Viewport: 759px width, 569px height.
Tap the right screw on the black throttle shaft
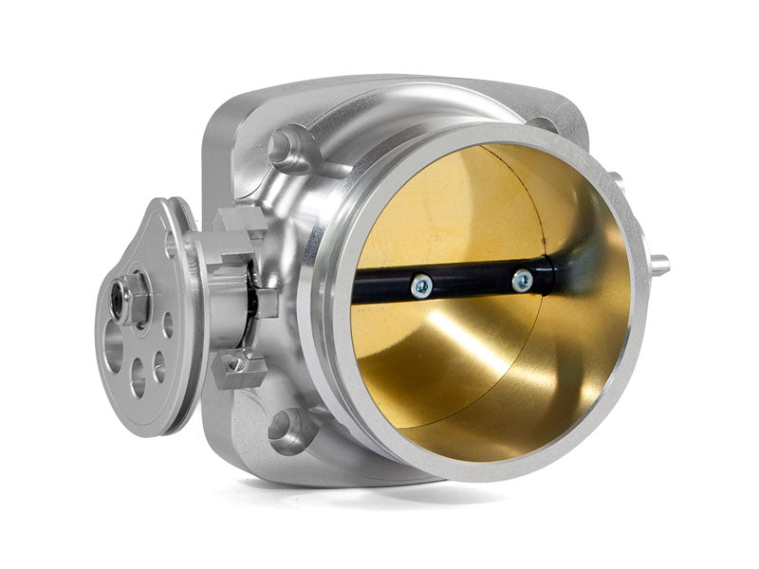point(522,280)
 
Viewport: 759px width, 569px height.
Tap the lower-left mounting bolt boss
point(287,431)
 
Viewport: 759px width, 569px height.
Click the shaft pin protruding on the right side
point(658,266)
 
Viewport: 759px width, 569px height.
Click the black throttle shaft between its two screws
point(470,282)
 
